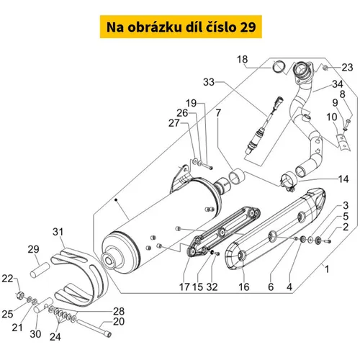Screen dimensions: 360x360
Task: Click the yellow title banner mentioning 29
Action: (181, 27)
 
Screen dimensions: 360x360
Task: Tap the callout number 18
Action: (242, 59)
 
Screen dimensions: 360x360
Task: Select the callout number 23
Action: (347, 68)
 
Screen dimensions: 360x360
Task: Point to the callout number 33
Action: (209, 82)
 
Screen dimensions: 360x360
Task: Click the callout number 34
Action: (338, 84)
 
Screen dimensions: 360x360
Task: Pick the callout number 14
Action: (343, 179)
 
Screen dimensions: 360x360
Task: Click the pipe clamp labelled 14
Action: (288, 181)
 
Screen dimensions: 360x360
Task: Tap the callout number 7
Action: (218, 113)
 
